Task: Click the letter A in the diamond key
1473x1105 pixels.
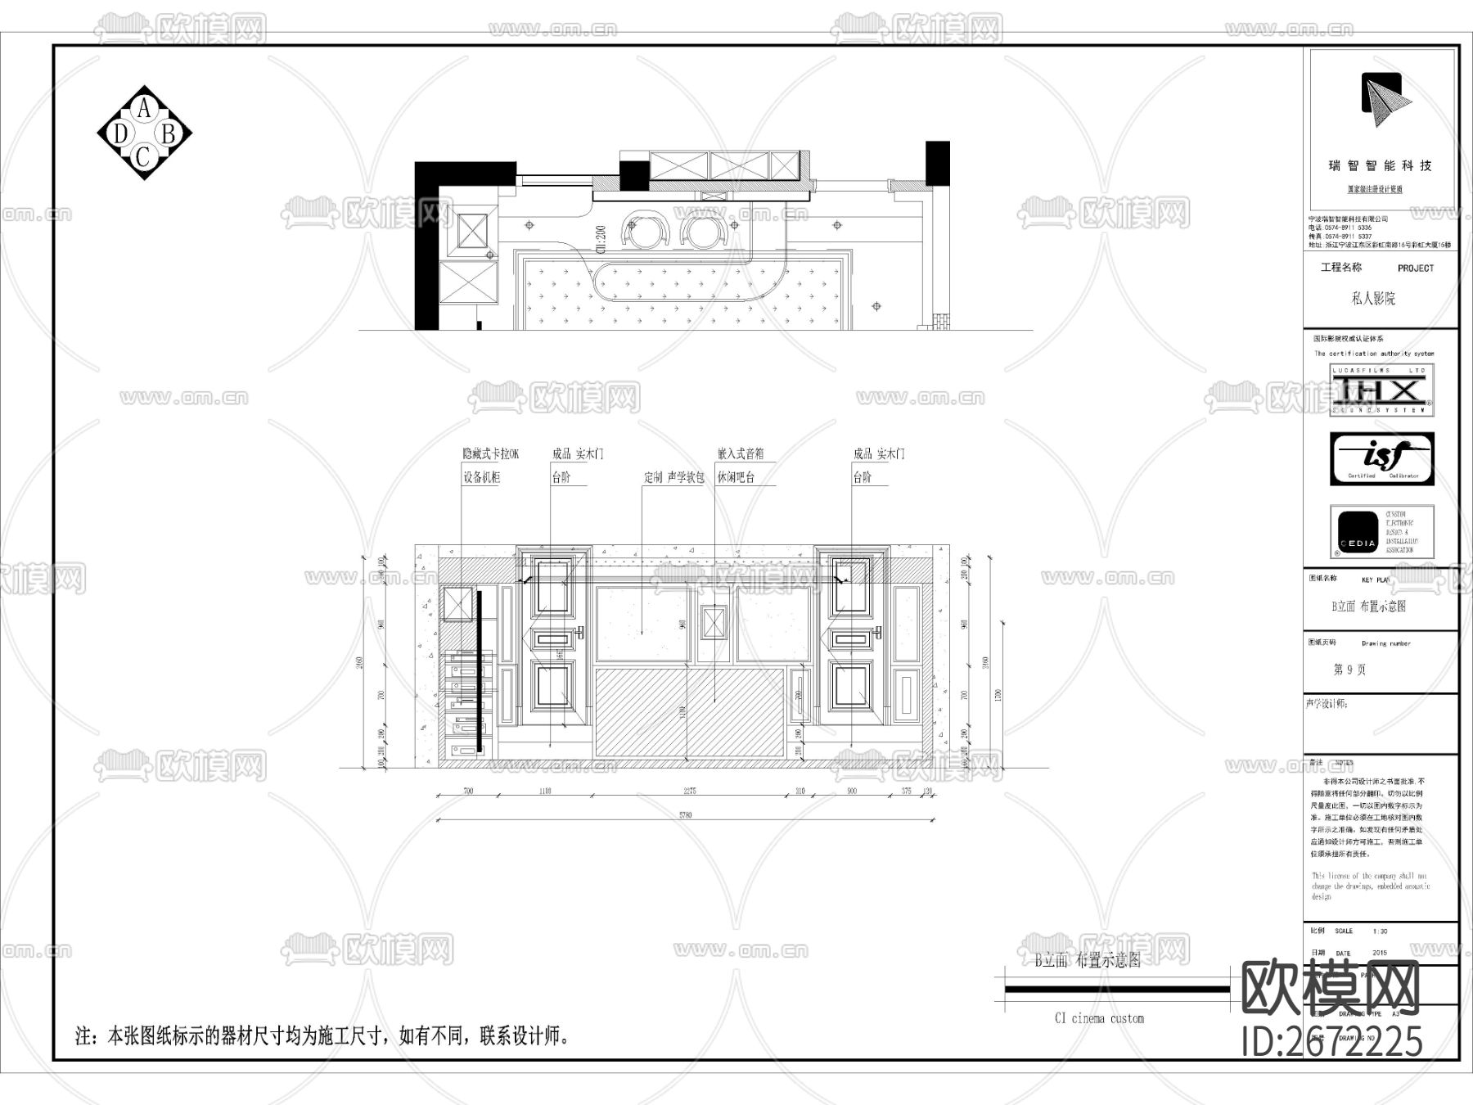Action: pos(145,108)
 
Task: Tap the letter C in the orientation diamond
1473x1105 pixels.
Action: pos(143,156)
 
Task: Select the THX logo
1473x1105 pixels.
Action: pos(1381,389)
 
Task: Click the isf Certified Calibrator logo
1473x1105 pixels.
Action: pos(1381,459)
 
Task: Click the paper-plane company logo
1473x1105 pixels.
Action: pos(1385,101)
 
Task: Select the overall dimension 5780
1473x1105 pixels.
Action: pos(685,815)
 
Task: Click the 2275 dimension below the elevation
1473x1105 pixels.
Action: pos(690,792)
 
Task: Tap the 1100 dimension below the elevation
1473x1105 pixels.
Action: pos(545,792)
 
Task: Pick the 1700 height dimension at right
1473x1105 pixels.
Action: pos(997,695)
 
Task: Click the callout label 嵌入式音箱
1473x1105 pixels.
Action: pos(740,453)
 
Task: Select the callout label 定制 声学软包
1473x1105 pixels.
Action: pos(673,477)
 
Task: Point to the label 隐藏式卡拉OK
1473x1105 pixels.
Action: pos(490,453)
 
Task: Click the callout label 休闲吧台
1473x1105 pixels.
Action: pos(736,477)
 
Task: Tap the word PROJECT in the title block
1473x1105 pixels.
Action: pos(1415,268)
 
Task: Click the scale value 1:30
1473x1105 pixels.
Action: pos(1380,931)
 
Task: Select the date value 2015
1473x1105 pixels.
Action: pos(1379,953)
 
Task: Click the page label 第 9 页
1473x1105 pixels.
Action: pos(1349,670)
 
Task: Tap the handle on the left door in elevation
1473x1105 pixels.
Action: pos(580,632)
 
